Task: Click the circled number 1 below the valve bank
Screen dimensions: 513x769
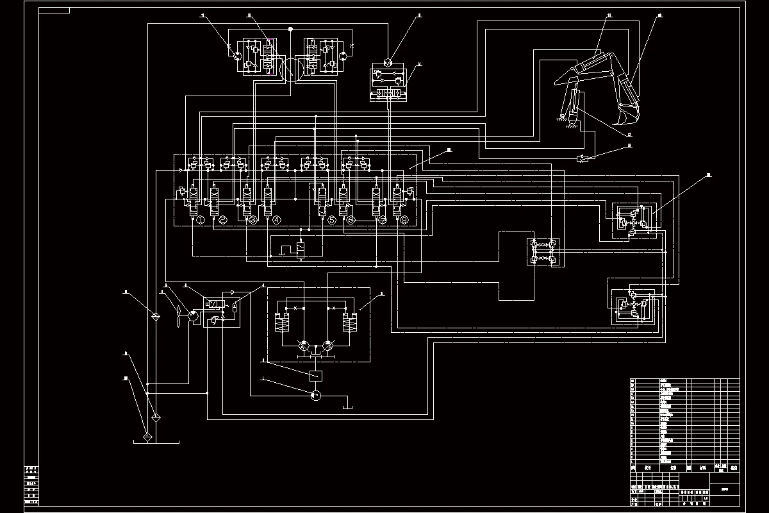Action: pos(199,221)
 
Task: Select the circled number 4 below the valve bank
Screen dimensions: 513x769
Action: pos(277,221)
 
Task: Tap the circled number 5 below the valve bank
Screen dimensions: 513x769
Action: pos(331,221)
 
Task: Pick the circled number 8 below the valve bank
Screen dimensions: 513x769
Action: pos(405,221)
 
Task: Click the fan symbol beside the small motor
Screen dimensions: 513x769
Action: pos(176,315)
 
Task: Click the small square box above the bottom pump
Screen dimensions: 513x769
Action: pos(315,375)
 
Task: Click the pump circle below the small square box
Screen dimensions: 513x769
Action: pos(315,395)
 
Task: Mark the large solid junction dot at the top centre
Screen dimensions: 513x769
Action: pos(290,29)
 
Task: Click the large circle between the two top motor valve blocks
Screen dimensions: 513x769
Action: pos(290,69)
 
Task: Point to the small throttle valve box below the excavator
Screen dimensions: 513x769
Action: pos(582,158)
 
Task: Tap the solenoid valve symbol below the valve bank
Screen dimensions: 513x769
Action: pos(300,248)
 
